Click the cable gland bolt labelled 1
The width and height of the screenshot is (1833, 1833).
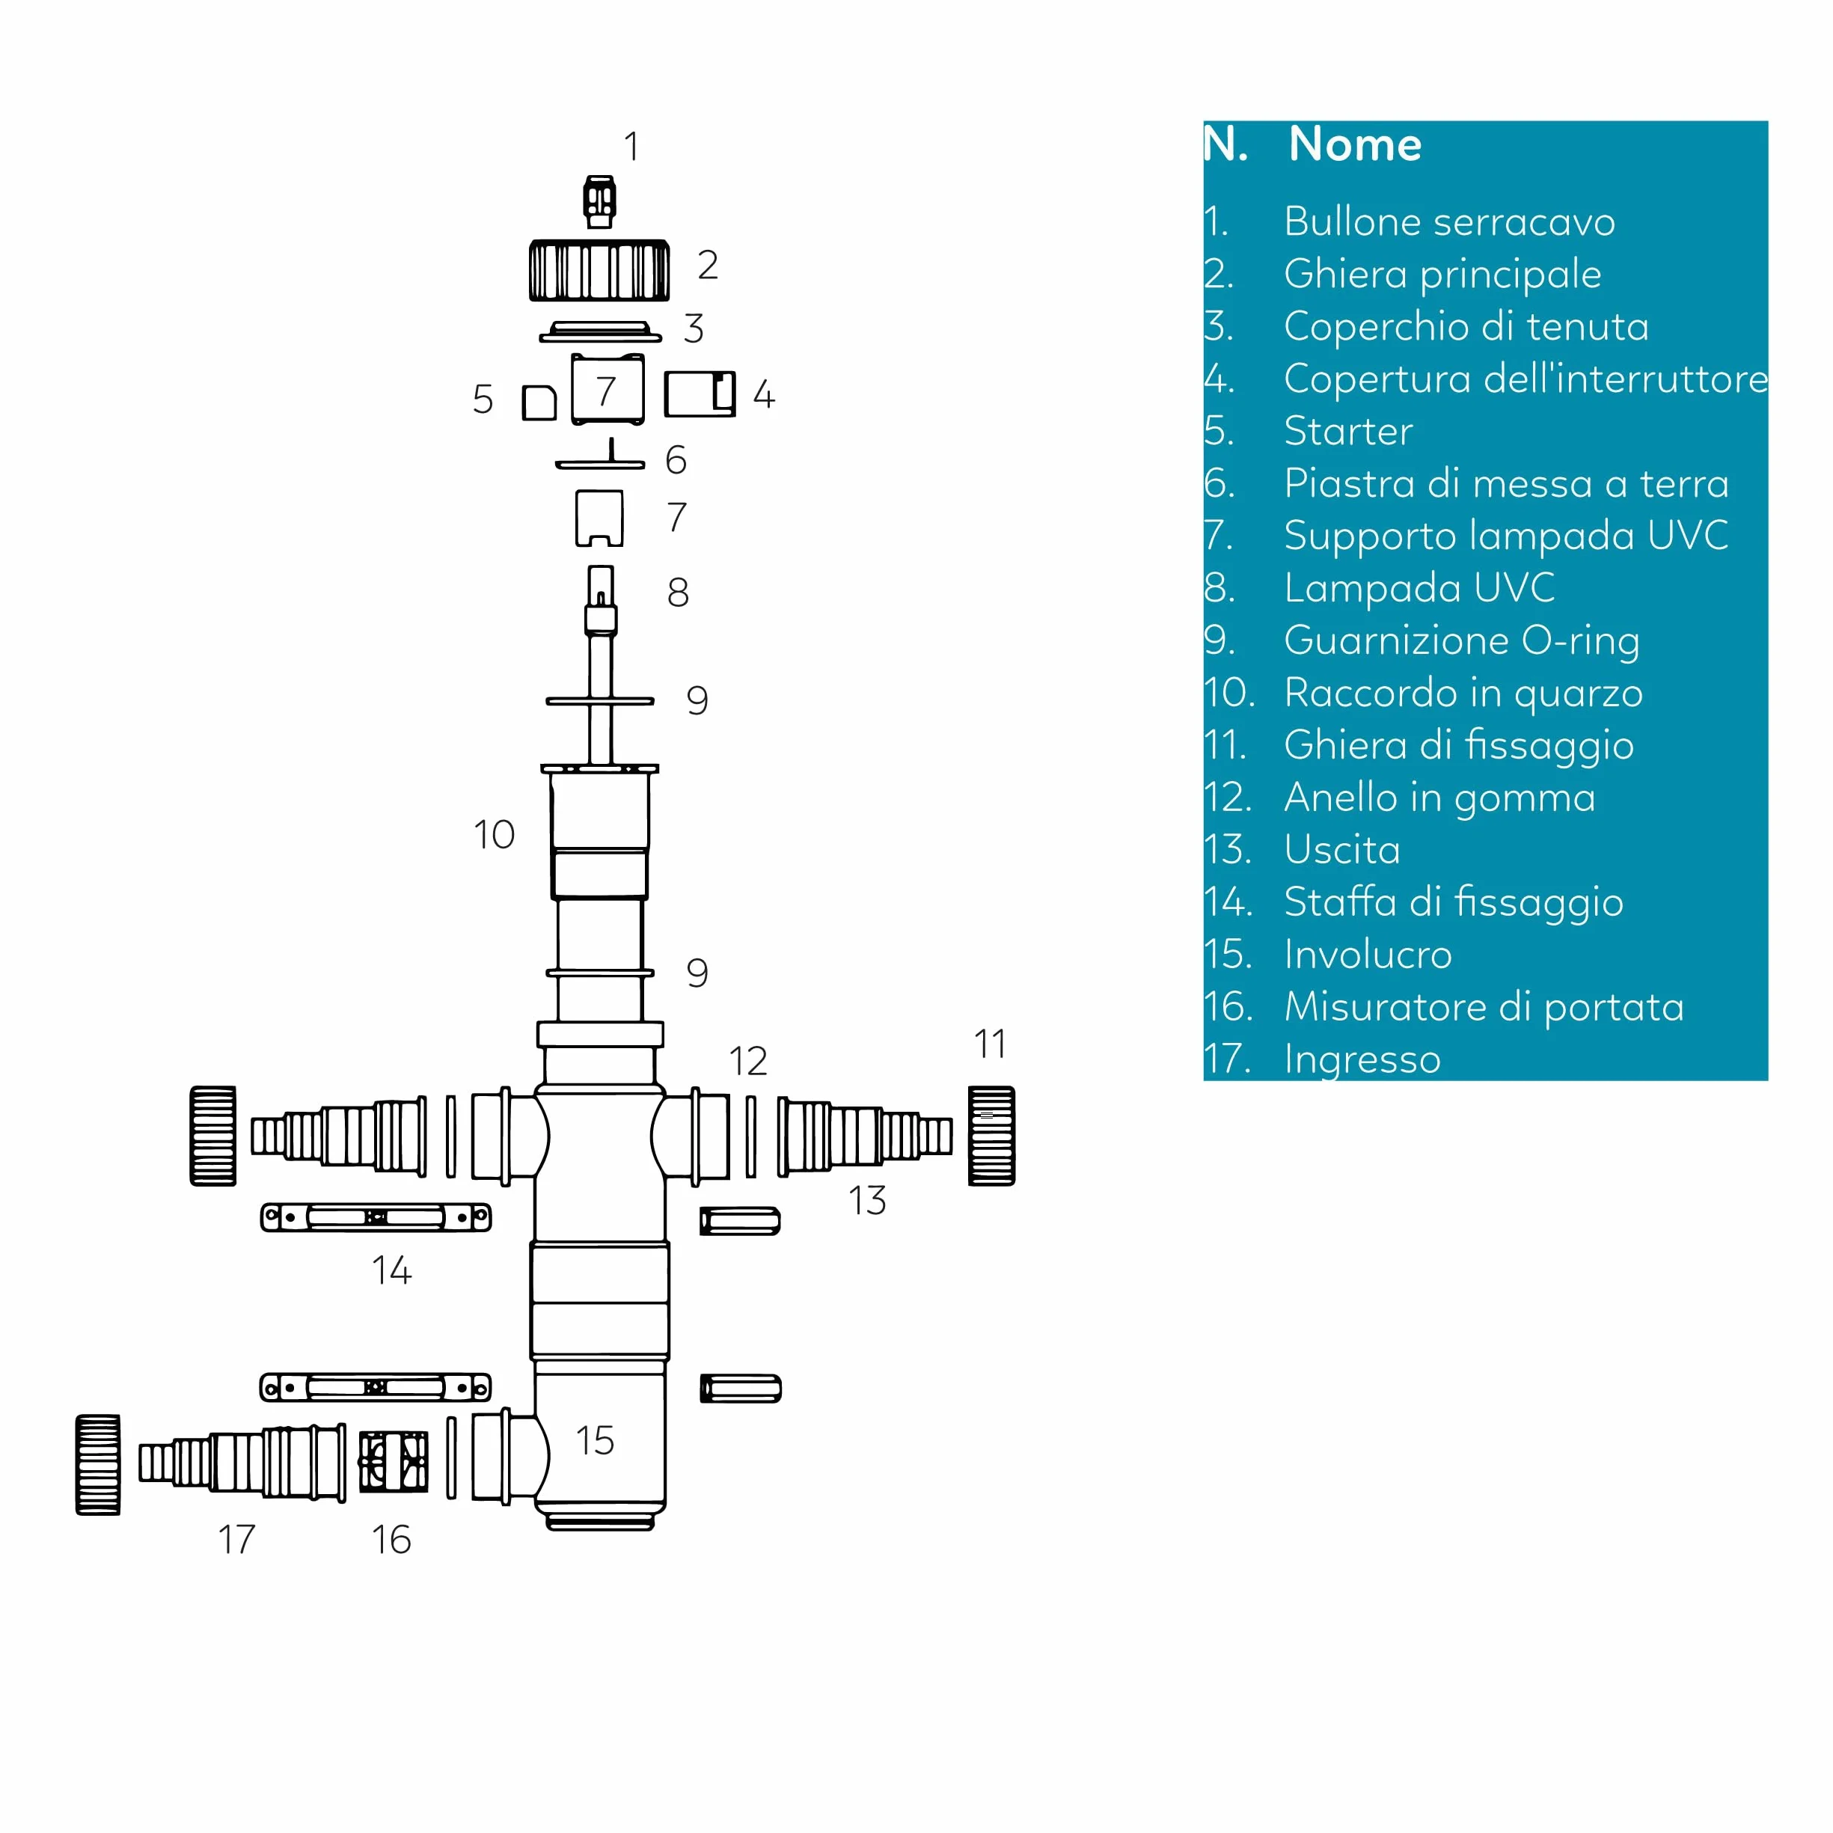point(599,201)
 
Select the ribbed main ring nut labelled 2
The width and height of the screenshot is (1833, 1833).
point(599,270)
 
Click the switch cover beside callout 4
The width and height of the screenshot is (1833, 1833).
point(700,394)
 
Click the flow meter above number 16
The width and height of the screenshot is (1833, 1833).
point(394,1462)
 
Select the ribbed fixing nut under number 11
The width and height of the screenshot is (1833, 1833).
point(991,1136)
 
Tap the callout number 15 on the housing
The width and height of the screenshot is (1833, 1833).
point(595,1440)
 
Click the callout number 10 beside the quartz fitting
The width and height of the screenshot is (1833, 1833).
point(493,835)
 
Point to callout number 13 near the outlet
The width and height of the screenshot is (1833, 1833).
point(867,1200)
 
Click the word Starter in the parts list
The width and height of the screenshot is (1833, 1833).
point(1348,431)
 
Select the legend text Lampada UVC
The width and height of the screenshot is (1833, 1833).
point(1419,587)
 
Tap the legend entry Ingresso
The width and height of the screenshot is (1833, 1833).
point(1362,1059)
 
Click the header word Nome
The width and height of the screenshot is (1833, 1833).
point(1355,144)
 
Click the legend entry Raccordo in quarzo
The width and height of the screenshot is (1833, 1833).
point(1463,694)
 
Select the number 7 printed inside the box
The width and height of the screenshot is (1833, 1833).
point(606,391)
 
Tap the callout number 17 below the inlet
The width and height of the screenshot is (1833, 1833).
point(236,1539)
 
